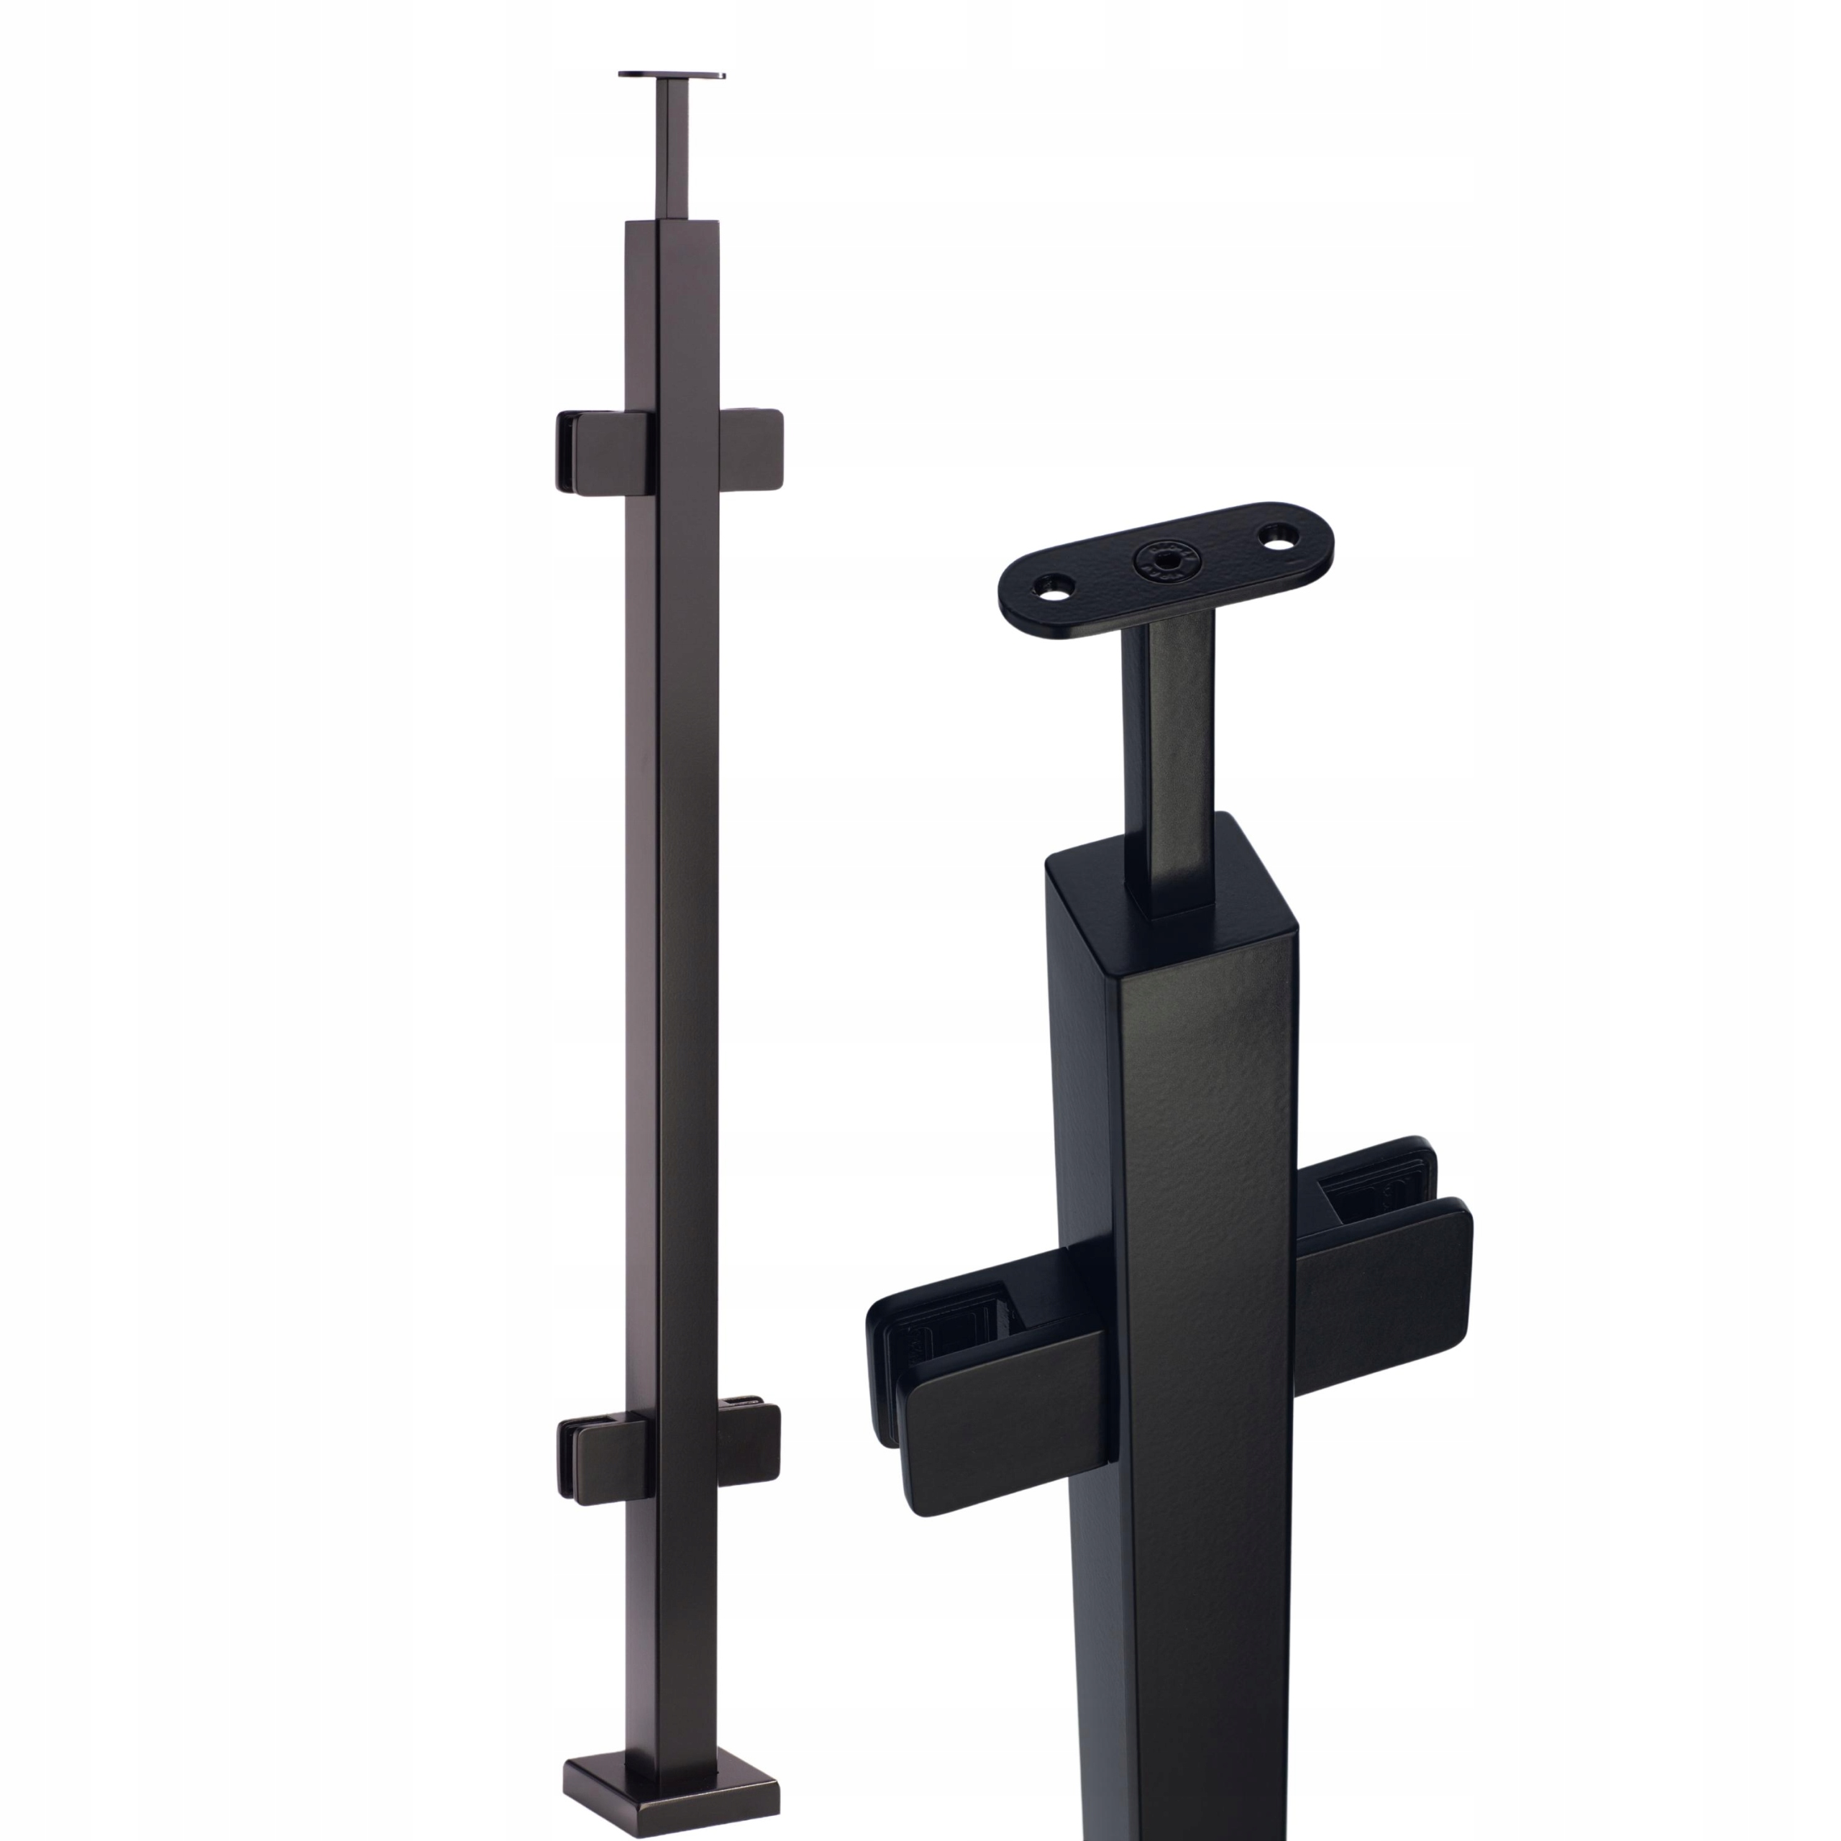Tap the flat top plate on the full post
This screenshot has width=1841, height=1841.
coord(671,74)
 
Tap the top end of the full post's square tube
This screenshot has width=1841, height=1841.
coord(671,227)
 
